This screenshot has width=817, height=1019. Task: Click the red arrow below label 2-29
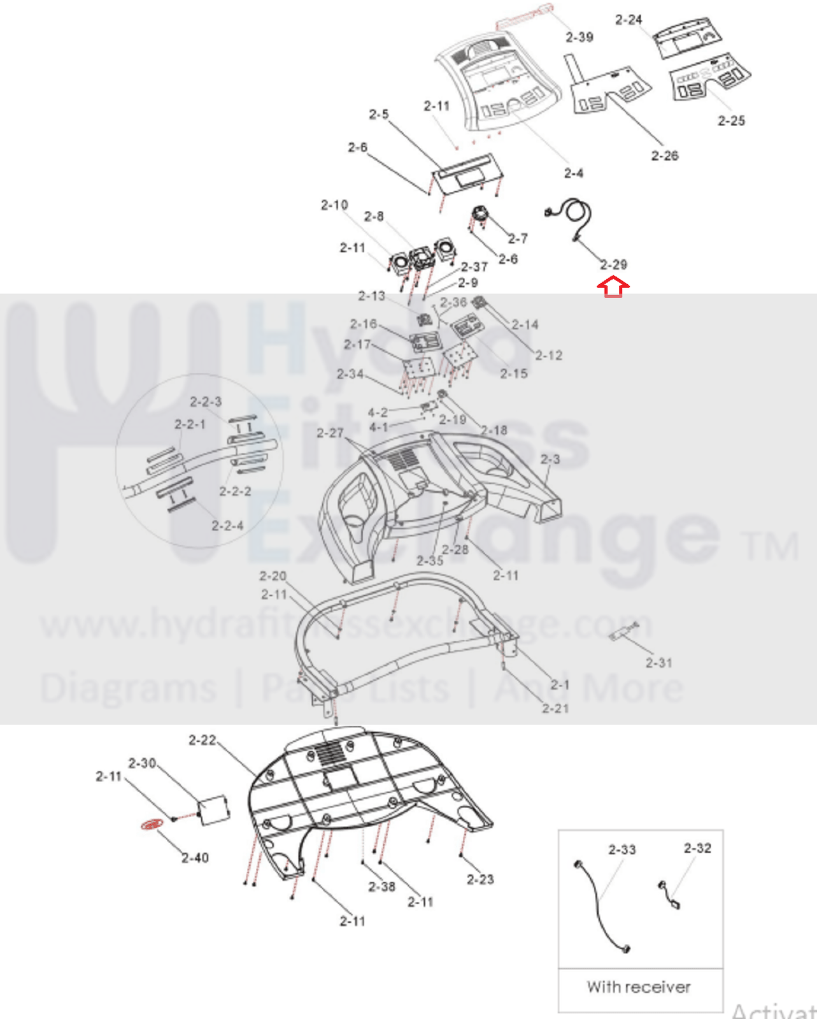[x=613, y=287]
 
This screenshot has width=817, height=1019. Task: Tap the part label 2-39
[x=579, y=37]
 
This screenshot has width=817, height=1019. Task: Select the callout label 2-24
[x=629, y=20]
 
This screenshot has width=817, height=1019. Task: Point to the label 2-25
[x=731, y=120]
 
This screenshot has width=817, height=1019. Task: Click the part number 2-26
[x=664, y=155]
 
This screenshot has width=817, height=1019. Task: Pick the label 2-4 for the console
[x=573, y=173]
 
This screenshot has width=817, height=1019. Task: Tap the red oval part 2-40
[x=152, y=825]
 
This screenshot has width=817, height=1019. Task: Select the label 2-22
[x=202, y=740]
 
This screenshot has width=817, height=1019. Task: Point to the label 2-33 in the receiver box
[x=622, y=849]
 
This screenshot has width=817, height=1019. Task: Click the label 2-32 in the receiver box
[x=697, y=848]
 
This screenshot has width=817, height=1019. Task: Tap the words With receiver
[x=639, y=987]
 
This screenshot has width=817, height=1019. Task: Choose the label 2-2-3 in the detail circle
[x=206, y=401]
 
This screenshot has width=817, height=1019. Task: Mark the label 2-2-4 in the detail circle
[x=227, y=526]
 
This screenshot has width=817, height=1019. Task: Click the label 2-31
[x=658, y=663]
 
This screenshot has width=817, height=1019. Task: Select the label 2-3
[x=550, y=459]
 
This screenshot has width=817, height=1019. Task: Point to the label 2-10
[x=334, y=205]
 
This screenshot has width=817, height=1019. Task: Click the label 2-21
[x=555, y=708]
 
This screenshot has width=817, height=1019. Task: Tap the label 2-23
[x=480, y=879]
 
